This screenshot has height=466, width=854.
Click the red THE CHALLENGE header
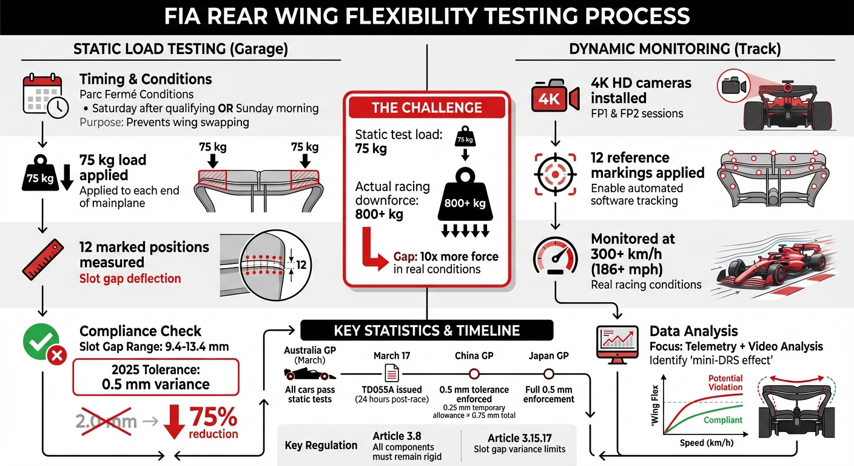tap(426, 107)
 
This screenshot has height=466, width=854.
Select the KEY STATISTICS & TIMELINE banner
tap(426, 330)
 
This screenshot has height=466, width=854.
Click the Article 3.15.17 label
tap(519, 438)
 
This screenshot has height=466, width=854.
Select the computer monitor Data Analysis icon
tap(617, 343)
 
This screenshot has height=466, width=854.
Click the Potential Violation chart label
tap(725, 382)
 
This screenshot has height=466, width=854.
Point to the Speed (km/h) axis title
tap(701, 442)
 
